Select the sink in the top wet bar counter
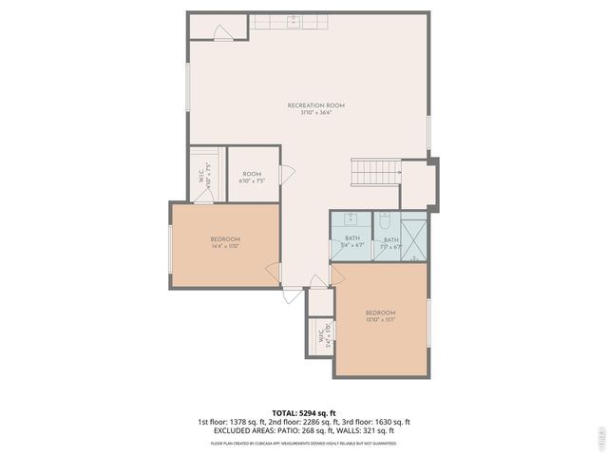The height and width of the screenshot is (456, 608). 294,20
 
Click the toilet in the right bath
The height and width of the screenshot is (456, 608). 385,220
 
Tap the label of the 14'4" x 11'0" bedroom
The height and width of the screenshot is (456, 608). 225,238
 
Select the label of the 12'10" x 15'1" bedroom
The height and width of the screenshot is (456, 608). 380,313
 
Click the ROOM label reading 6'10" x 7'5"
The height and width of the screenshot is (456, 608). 252,174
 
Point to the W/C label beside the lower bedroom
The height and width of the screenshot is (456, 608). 323,335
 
